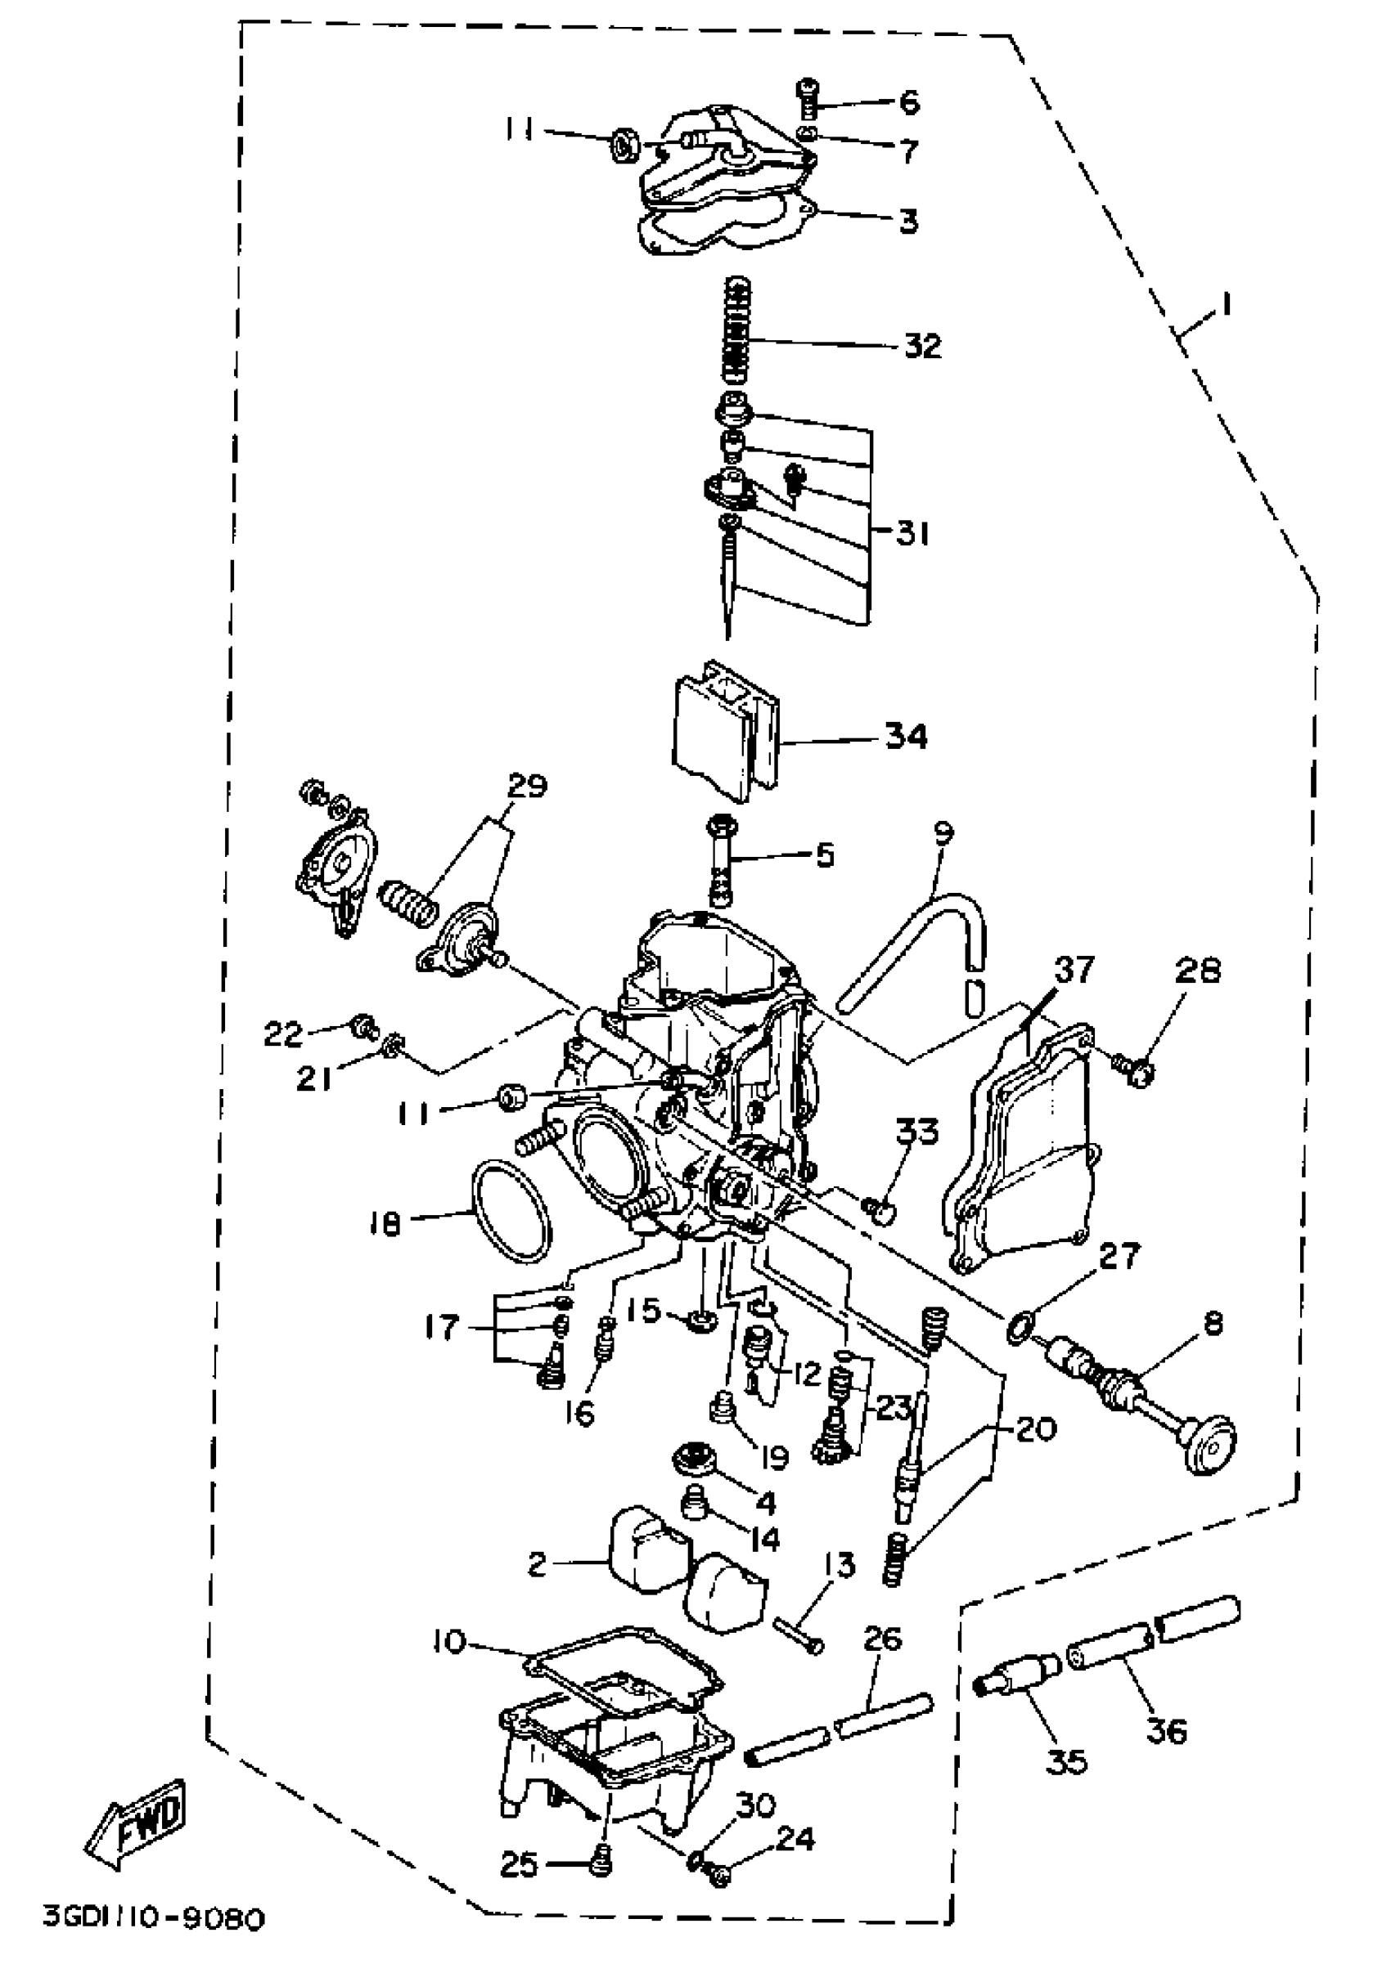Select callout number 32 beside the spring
coord(922,347)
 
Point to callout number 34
coord(906,737)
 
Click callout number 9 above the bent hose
coord(943,832)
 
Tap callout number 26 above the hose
coord(882,1639)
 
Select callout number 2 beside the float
coord(537,1565)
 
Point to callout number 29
coord(527,786)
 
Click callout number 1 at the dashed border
coord(1227,304)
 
